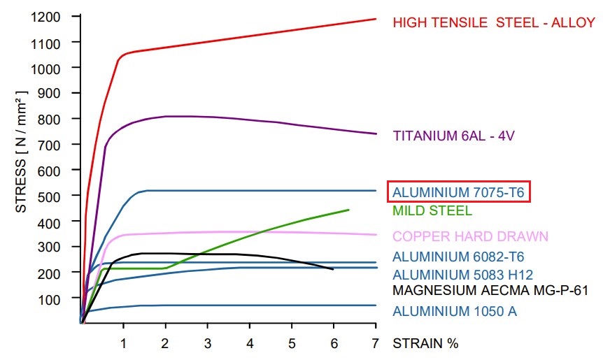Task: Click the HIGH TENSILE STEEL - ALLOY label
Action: pos(494,22)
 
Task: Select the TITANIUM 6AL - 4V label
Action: pos(453,136)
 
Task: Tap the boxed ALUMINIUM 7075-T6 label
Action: pos(458,192)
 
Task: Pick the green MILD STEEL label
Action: pos(432,210)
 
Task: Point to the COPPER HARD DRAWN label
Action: pos(470,236)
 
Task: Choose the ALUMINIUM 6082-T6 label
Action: pos(458,257)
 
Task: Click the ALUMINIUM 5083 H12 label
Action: pos(462,275)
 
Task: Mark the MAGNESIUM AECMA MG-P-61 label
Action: pos(490,290)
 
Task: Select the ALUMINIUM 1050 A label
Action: pos(455,311)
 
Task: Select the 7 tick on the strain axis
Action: pos(376,343)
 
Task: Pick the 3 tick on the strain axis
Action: pos(208,343)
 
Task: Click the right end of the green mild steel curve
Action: pos(348,210)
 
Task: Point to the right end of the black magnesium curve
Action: pos(333,268)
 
